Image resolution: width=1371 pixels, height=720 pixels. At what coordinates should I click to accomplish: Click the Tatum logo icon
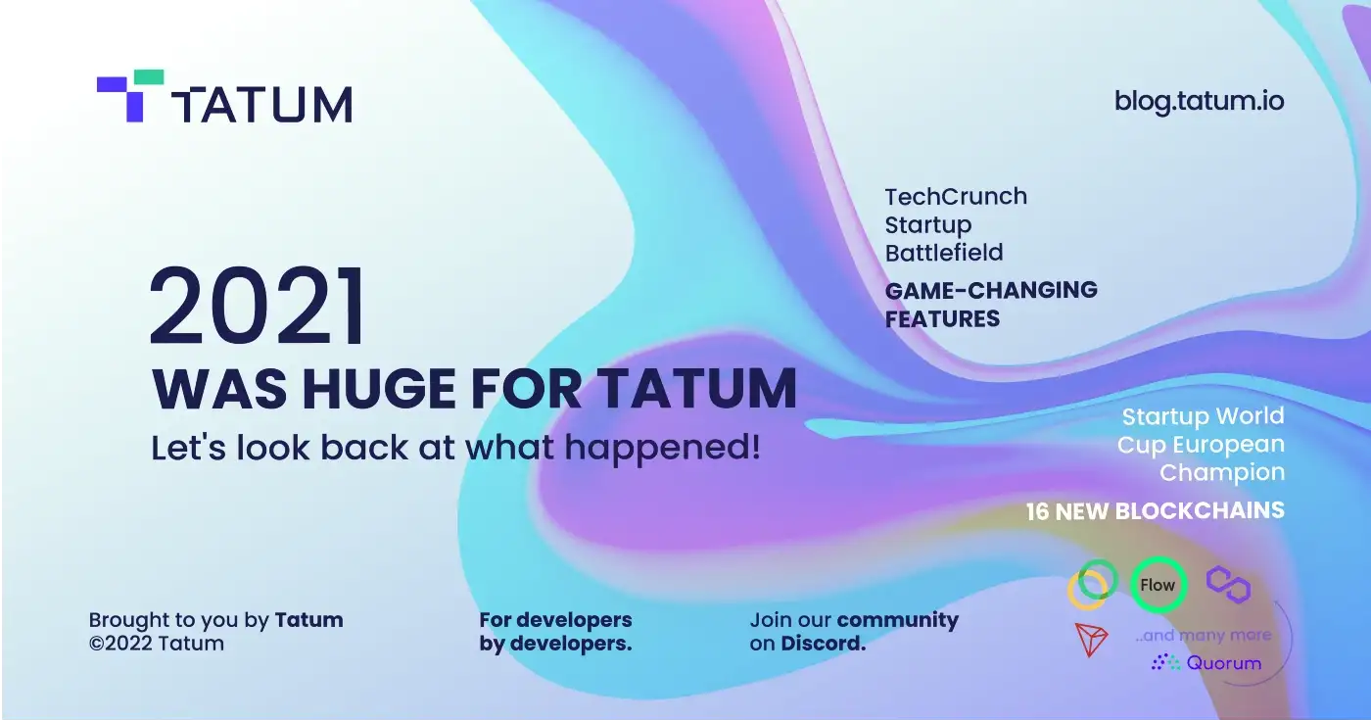[x=129, y=95]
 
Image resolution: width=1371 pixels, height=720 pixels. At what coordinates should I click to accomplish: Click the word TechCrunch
[x=956, y=196]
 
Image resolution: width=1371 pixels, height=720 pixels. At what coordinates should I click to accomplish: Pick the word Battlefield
[x=944, y=253]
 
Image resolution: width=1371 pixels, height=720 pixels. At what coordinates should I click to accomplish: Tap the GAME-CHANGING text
[x=991, y=290]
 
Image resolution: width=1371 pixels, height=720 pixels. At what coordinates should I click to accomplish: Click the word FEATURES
[x=942, y=318]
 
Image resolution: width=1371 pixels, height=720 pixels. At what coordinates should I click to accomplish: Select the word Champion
[x=1222, y=472]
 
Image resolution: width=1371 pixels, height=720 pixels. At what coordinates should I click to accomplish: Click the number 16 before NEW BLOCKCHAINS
[x=1040, y=511]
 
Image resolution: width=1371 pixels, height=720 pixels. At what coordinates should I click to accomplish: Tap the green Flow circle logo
[x=1158, y=586]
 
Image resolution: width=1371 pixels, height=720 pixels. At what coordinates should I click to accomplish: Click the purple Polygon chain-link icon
[x=1228, y=583]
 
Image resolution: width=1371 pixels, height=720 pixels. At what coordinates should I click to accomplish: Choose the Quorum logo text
[x=1224, y=663]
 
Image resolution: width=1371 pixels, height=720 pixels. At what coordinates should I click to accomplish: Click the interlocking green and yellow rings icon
[x=1091, y=584]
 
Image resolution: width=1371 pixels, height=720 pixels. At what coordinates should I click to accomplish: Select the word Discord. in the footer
[x=824, y=645]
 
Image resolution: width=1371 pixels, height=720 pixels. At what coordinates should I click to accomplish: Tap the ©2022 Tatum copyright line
[x=157, y=645]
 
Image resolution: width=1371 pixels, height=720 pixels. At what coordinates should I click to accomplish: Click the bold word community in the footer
[x=898, y=620]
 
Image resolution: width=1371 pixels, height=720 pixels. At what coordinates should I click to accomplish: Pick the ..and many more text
[x=1204, y=636]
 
